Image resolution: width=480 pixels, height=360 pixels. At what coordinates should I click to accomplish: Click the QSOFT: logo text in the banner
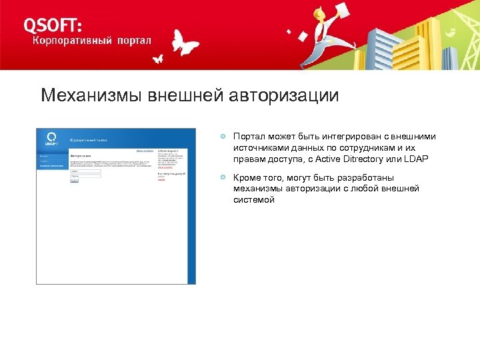tap(53, 25)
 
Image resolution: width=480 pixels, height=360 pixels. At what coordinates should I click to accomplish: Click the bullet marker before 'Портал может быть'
tap(225, 137)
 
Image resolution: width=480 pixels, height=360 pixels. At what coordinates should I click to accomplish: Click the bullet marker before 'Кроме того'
tap(225, 178)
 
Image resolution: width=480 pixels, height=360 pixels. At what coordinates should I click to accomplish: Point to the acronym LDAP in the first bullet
tap(415, 158)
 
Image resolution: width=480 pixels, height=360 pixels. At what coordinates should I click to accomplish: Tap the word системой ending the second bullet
tap(253, 199)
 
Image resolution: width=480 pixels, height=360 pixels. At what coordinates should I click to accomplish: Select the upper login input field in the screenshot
tap(85, 171)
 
